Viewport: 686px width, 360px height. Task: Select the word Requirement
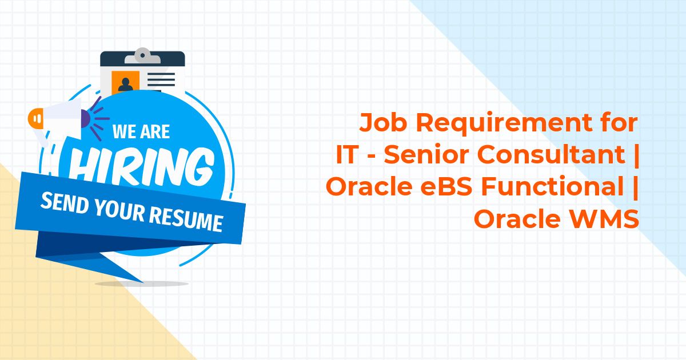pyautogui.click(x=504, y=123)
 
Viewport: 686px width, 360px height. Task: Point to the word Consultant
pyautogui.click(x=551, y=154)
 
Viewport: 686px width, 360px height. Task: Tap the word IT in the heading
pyautogui.click(x=347, y=154)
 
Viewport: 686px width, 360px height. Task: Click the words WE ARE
pyautogui.click(x=141, y=131)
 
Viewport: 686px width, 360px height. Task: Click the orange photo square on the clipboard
pyautogui.click(x=125, y=82)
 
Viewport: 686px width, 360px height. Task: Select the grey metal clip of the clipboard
pyautogui.click(x=142, y=56)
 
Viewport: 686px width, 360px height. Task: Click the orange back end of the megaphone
pyautogui.click(x=35, y=118)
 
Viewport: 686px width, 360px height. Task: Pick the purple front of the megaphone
pyautogui.click(x=86, y=119)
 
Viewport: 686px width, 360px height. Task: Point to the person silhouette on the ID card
pyautogui.click(x=126, y=85)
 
